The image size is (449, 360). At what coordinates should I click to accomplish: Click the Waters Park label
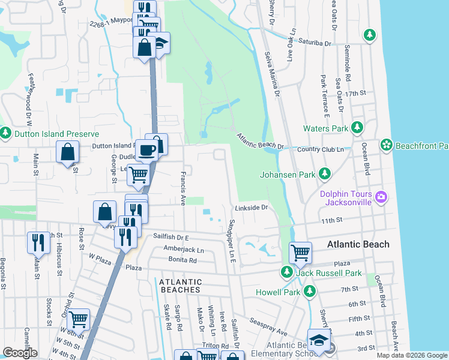pos(326,128)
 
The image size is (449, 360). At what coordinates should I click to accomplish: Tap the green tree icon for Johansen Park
pos(325,173)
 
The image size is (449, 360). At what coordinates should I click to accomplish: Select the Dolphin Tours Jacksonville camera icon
pos(380,197)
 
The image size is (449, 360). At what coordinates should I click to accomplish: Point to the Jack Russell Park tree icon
pos(287,273)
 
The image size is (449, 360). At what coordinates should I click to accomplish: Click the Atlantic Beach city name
pos(358,244)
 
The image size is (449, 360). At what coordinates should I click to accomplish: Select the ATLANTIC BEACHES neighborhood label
pos(179,286)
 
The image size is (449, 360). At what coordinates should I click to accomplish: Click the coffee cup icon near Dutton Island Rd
pos(146,151)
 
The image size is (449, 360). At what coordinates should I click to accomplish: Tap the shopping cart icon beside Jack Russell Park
pos(300,252)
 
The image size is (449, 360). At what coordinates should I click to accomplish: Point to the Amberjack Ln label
pos(184,250)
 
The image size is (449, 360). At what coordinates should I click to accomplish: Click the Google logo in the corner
pos(20,353)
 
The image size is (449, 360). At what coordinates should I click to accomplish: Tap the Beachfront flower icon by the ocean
pos(387,145)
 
